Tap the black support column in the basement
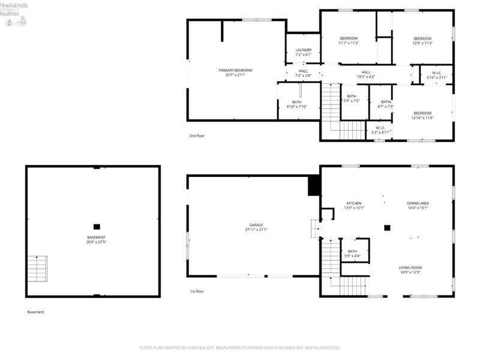pos(96,227)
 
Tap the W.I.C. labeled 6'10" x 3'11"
pos(436,75)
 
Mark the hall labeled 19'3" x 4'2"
pos(366,75)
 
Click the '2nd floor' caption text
pos(197,136)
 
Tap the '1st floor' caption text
pos(197,292)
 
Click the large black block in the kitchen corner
pos(313,186)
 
